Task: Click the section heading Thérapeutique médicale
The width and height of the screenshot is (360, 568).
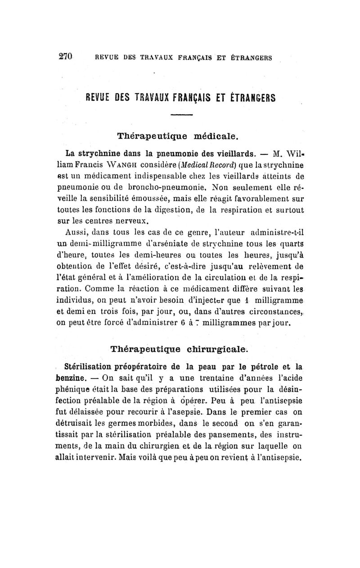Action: point(180,135)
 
